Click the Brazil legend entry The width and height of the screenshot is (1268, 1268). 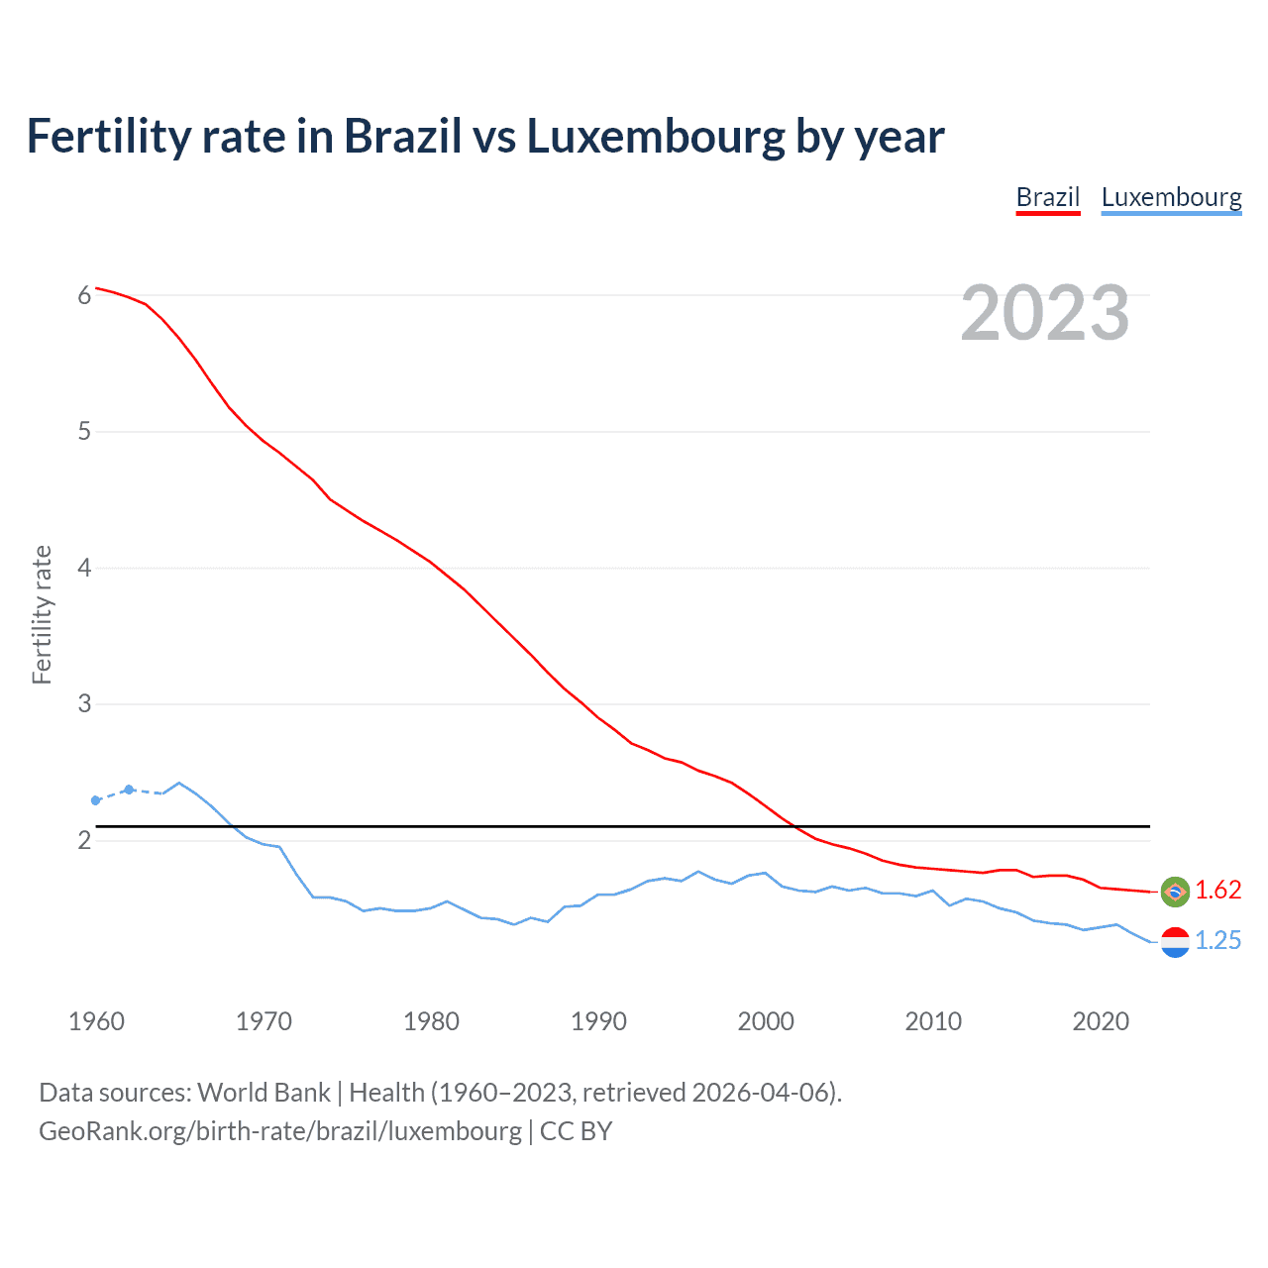1047,197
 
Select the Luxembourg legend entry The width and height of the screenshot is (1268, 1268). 1171,197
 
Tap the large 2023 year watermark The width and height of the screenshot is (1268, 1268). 1044,313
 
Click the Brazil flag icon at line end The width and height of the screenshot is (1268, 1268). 1175,892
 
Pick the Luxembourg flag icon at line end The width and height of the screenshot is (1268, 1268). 1175,942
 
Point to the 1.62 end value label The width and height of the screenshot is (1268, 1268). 1217,891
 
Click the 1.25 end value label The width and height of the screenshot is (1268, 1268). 1217,941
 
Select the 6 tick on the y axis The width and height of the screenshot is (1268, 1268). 84,295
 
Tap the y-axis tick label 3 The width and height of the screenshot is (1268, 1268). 84,704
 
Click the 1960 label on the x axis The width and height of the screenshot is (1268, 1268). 96,1021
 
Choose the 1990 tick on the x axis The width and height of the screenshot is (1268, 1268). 598,1021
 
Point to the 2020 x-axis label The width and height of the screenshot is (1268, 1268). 1101,1021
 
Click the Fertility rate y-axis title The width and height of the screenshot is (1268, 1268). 42,614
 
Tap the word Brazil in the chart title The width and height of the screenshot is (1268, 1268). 402,137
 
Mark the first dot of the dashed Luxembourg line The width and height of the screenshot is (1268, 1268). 96,800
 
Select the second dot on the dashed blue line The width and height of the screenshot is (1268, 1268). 129,790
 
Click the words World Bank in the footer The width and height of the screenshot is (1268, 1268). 264,1093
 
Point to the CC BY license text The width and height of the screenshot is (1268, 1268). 576,1131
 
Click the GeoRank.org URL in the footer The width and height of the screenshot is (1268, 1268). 279,1131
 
